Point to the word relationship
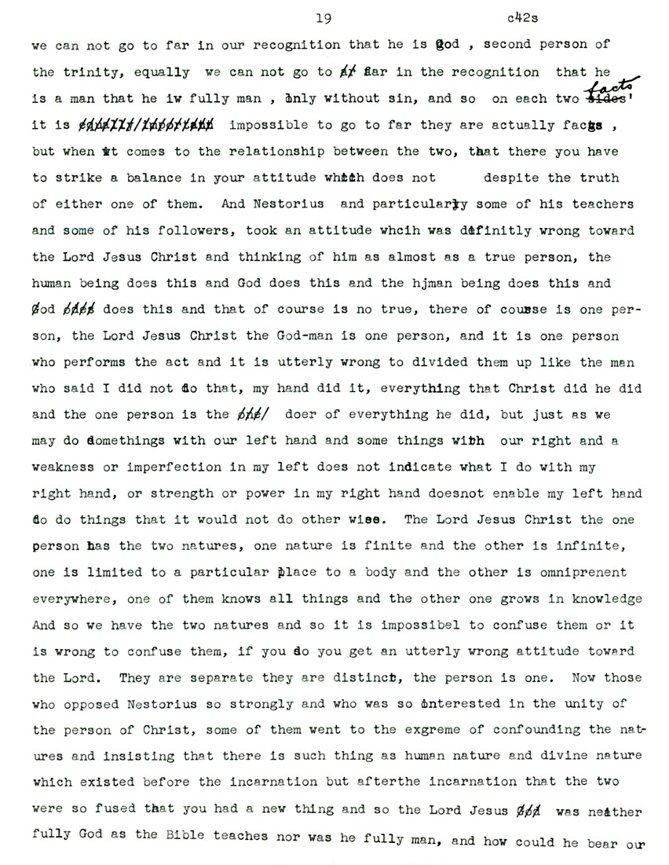point(266,152)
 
